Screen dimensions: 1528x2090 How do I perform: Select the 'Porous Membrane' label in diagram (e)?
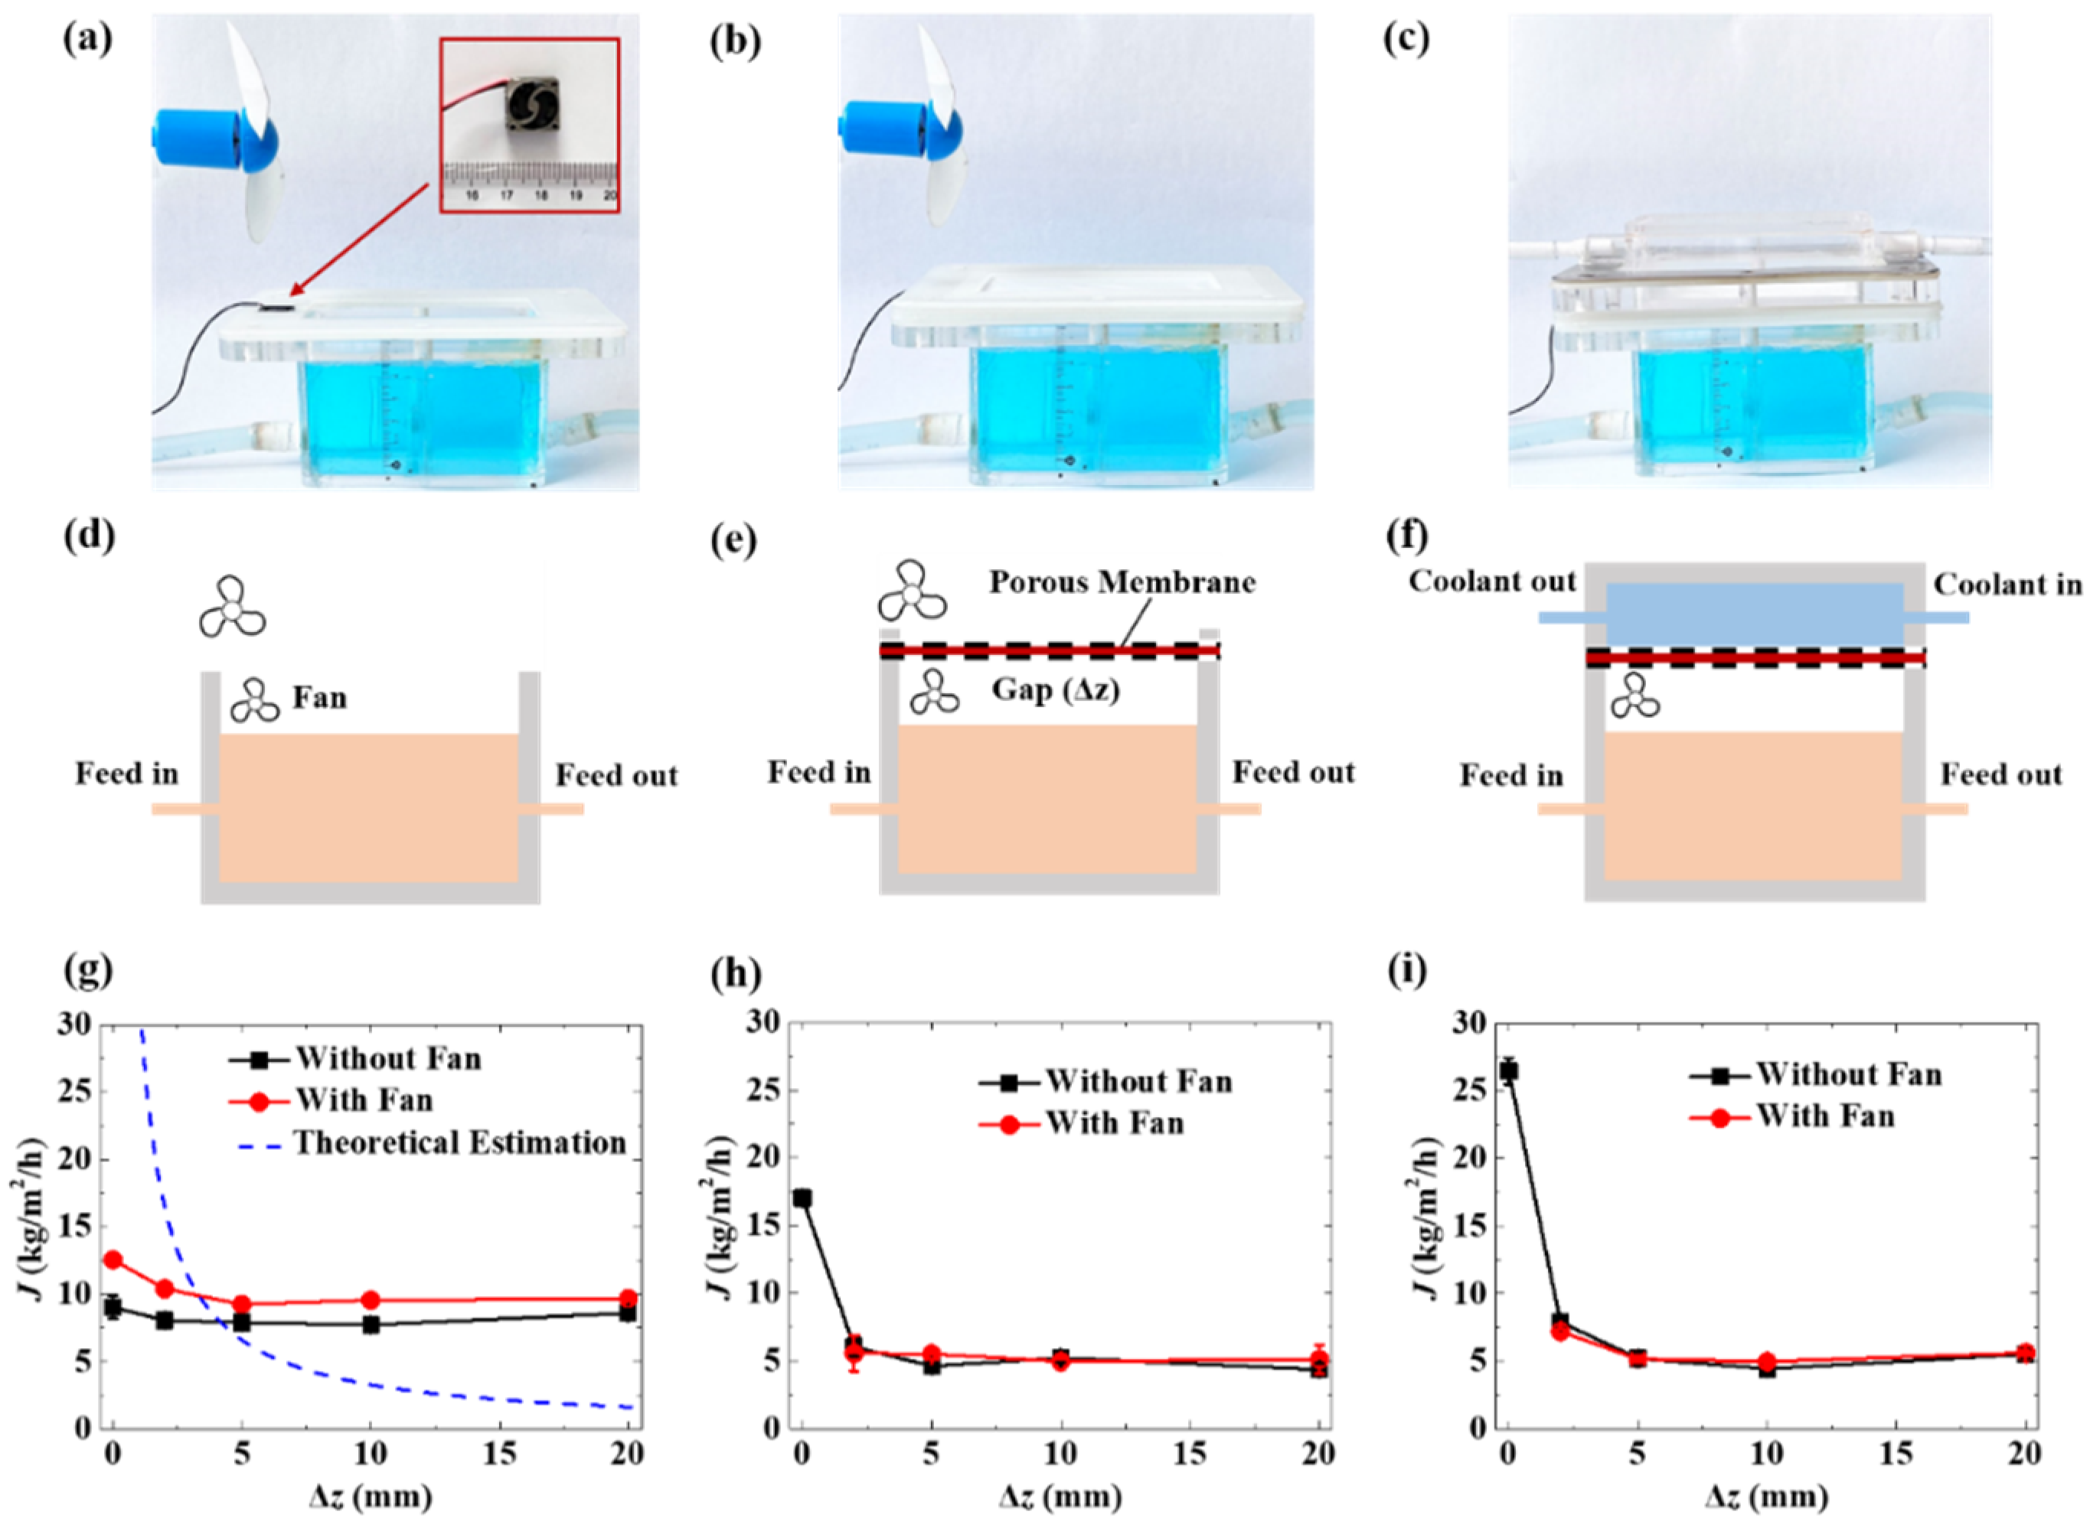pyautogui.click(x=1122, y=583)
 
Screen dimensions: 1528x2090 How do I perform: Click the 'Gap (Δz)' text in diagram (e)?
pyautogui.click(x=1056, y=689)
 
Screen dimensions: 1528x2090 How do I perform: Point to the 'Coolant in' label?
pyautogui.click(x=2007, y=585)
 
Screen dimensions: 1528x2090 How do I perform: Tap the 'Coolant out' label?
pyautogui.click(x=1491, y=582)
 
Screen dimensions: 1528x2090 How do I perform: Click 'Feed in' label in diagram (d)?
pyautogui.click(x=127, y=774)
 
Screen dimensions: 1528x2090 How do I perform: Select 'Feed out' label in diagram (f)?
pyautogui.click(x=2001, y=774)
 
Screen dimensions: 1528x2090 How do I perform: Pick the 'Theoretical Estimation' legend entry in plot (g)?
pyautogui.click(x=460, y=1143)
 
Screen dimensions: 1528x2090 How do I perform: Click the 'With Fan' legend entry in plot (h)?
pyautogui.click(x=1114, y=1123)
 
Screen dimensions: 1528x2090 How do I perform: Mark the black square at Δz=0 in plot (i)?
pyautogui.click(x=1508, y=1071)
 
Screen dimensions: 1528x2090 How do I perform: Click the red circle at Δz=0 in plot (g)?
pyautogui.click(x=113, y=1259)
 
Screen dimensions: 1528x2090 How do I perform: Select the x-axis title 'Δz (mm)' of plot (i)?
pyautogui.click(x=1767, y=1494)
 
